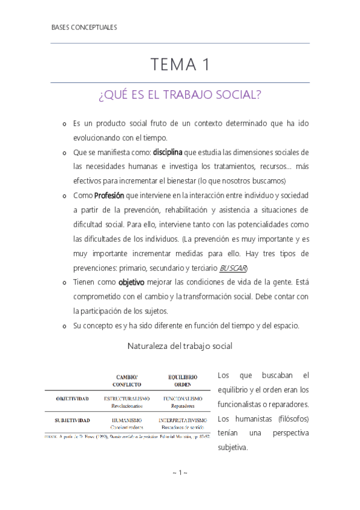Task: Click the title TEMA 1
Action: click(x=180, y=64)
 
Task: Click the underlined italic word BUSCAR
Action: click(x=233, y=268)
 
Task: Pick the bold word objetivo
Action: click(x=135, y=282)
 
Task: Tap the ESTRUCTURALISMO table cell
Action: click(x=127, y=398)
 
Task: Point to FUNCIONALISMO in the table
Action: click(x=182, y=398)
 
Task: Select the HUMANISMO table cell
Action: click(x=127, y=420)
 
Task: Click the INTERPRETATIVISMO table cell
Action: click(x=182, y=420)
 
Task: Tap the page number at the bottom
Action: click(x=180, y=473)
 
